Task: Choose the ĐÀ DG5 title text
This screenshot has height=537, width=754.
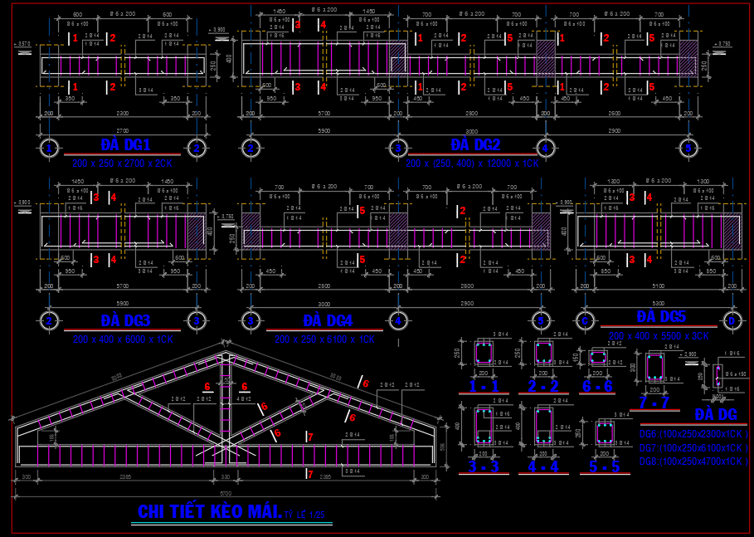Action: [661, 316]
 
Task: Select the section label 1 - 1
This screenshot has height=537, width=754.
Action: [483, 386]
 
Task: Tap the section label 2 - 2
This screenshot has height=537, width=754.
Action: [542, 386]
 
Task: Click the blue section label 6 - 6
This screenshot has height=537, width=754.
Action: [596, 386]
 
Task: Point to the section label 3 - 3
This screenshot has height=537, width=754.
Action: [483, 466]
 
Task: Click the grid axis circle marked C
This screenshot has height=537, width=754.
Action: [586, 320]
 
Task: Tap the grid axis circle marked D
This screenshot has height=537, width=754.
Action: [732, 320]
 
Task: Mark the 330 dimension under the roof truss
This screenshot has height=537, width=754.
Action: [226, 476]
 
